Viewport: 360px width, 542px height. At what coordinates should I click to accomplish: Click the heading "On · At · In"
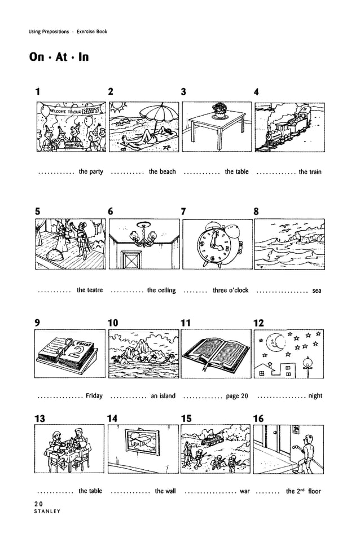click(58, 57)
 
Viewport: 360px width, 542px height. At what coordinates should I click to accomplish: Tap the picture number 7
click(183, 211)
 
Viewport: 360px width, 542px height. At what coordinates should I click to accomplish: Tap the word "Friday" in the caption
click(94, 396)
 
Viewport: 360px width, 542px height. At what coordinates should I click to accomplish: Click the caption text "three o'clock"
click(230, 290)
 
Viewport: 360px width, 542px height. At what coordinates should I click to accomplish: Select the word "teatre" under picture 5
click(90, 290)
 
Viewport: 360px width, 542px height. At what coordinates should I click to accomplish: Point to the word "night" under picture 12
click(315, 396)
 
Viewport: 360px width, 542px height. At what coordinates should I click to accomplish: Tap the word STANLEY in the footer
click(47, 512)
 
